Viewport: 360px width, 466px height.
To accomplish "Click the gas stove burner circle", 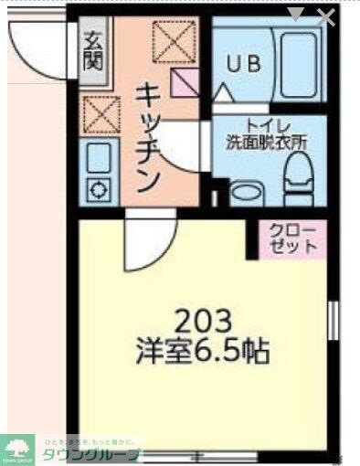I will (x=95, y=191).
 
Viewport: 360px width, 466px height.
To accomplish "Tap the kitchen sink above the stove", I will (x=95, y=161).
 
